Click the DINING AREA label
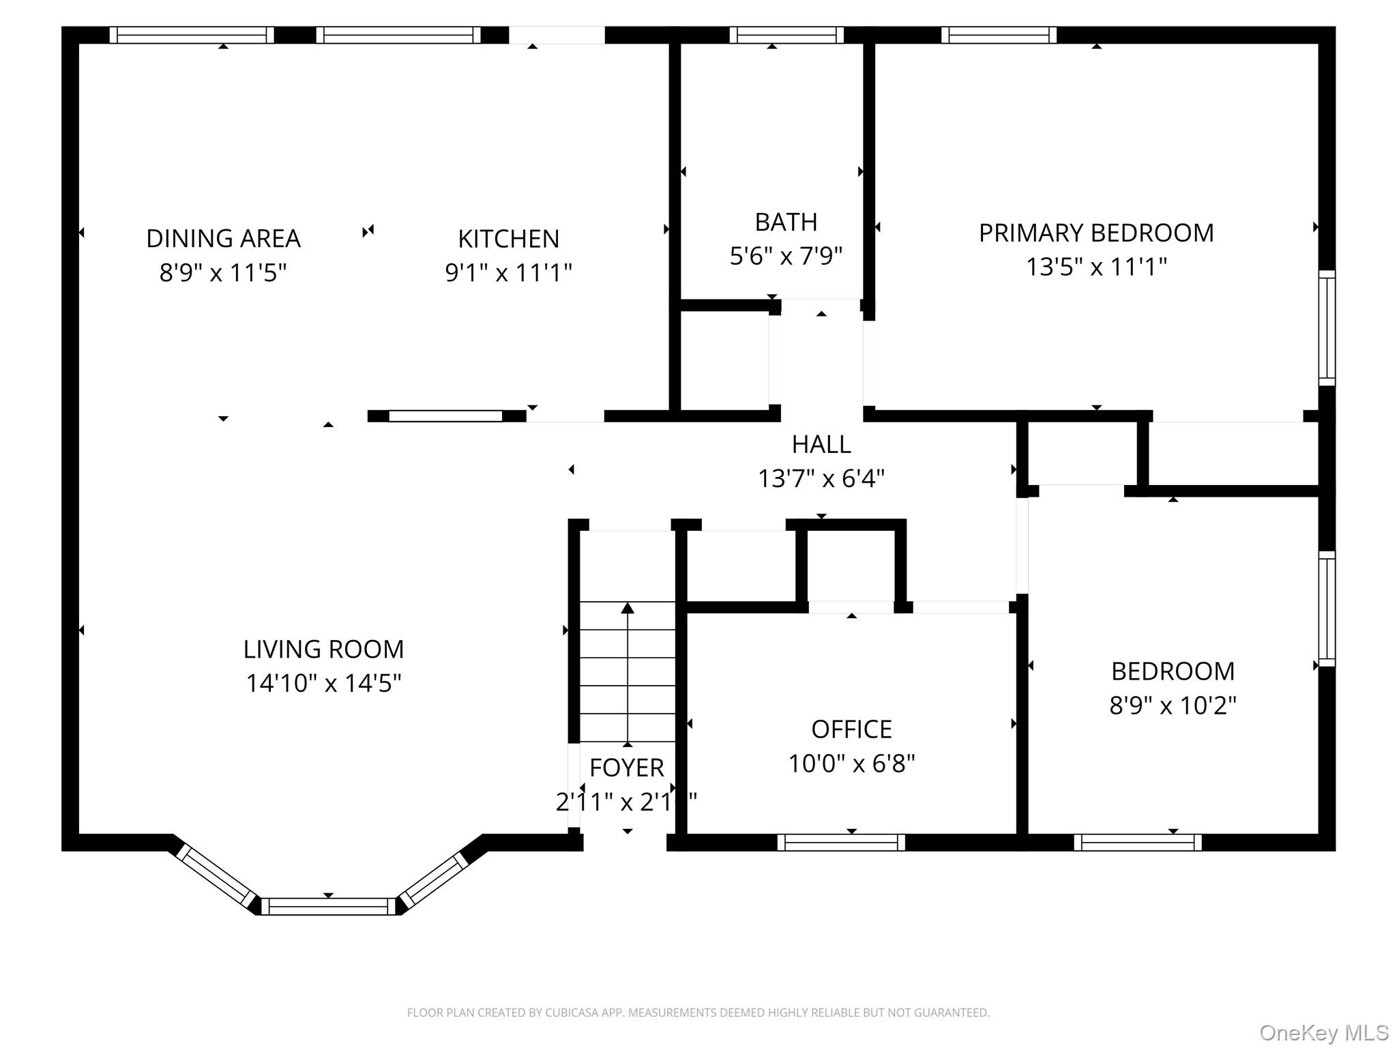pyautogui.click(x=223, y=239)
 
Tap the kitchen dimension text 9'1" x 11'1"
pyautogui.click(x=508, y=273)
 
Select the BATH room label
pyautogui.click(x=786, y=222)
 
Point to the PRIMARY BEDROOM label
pyautogui.click(x=1096, y=233)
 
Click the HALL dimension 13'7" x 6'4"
pyautogui.click(x=821, y=479)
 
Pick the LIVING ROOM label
pyautogui.click(x=323, y=649)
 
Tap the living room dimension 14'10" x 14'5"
pyautogui.click(x=323, y=683)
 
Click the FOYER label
pyautogui.click(x=626, y=768)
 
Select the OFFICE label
pyautogui.click(x=851, y=729)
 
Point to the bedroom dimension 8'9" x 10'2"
pyautogui.click(x=1173, y=705)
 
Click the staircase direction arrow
pyautogui.click(x=628, y=672)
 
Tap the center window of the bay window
pyautogui.click(x=328, y=906)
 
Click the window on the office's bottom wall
pyautogui.click(x=841, y=843)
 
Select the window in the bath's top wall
pyautogui.click(x=786, y=35)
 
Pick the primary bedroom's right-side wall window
pyautogui.click(x=1326, y=327)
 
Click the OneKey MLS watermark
pyautogui.click(x=1323, y=1032)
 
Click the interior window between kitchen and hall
pyautogui.click(x=445, y=416)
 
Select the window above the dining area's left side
pyautogui.click(x=192, y=35)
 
